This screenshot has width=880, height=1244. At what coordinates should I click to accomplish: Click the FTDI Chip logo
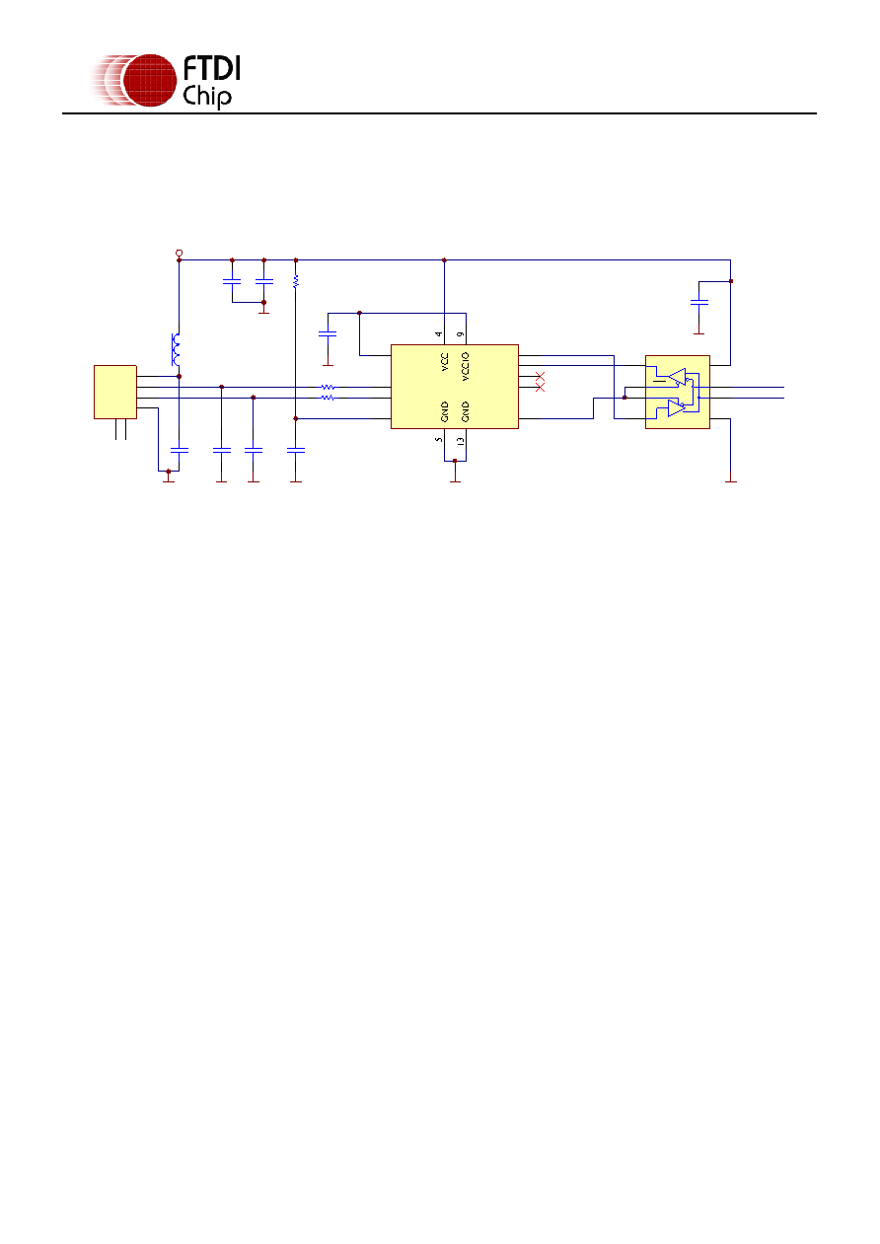166,81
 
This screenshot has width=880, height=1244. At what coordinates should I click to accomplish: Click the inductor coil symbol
176,350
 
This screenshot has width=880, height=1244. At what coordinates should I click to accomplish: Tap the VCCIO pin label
466,367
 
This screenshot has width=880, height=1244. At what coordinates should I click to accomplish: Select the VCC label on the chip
444,362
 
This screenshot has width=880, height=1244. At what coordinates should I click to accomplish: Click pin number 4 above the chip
439,334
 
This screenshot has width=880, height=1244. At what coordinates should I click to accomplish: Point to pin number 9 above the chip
461,334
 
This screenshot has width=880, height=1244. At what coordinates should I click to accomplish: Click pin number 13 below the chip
461,441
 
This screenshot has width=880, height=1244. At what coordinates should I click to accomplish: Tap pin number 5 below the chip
439,440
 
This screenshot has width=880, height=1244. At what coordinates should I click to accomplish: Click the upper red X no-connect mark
540,377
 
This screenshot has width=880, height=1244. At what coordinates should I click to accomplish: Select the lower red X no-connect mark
540,387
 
